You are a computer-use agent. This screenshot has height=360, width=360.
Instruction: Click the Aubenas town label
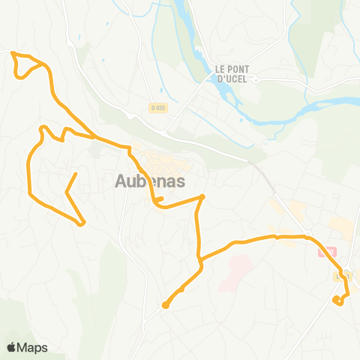[150, 181]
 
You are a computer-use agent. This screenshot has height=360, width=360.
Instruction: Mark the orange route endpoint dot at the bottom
[165, 304]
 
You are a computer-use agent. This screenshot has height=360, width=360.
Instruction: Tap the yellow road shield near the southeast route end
[341, 277]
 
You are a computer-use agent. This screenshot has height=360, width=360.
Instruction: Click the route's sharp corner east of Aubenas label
[202, 196]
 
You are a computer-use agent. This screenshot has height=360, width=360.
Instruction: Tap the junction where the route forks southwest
[201, 262]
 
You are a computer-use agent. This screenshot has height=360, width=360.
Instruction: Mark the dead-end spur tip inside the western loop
[76, 174]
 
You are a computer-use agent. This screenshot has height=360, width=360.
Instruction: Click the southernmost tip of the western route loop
[82, 223]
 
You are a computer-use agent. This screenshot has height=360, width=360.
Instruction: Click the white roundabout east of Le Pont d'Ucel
[255, 78]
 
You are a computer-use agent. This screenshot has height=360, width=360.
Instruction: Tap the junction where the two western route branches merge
[94, 138]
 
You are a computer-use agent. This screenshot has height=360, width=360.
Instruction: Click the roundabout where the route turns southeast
[308, 236]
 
